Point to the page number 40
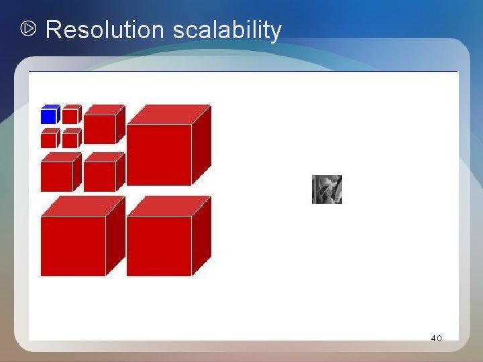click(436, 339)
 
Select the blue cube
click(49, 116)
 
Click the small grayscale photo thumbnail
click(327, 189)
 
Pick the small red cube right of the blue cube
click(70, 116)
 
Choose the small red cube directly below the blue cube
click(49, 139)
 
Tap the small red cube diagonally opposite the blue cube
click(70, 139)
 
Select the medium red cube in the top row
click(101, 128)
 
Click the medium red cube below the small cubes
click(58, 176)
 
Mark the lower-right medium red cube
click(101, 176)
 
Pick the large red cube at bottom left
click(73, 245)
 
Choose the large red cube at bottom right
click(160, 245)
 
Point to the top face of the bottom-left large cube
click(83, 206)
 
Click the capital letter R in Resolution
click(53, 30)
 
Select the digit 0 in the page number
click(439, 339)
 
